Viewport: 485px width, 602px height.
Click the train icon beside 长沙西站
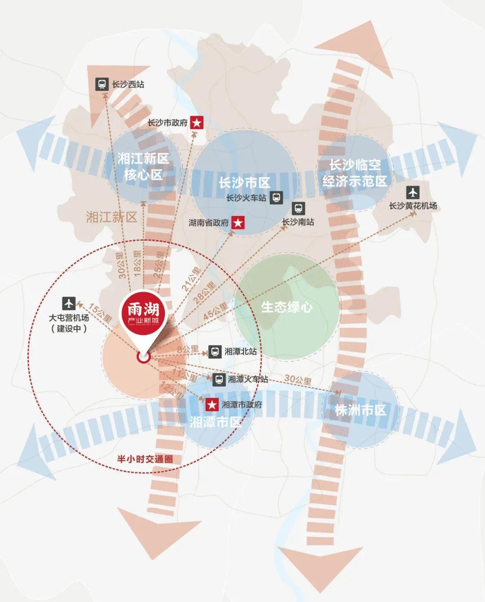(x=102, y=84)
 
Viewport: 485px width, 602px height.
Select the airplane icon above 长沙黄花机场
(x=413, y=193)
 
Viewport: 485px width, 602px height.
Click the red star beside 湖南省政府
(x=238, y=222)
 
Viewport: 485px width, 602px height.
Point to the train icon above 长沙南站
(x=298, y=209)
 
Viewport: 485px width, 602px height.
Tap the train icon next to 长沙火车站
(x=276, y=197)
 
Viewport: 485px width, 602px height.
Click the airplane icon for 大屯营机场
(x=69, y=304)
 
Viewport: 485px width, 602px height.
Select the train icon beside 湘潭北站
(x=215, y=351)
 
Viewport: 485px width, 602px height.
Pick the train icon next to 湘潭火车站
(x=219, y=380)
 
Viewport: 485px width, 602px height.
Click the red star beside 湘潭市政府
(x=212, y=405)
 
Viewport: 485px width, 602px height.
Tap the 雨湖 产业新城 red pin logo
(x=143, y=314)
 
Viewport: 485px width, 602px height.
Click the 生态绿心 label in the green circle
(x=287, y=307)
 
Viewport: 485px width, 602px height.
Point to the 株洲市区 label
(x=360, y=410)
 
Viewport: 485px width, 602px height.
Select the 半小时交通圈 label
(x=145, y=459)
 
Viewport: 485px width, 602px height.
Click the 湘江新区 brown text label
(x=111, y=218)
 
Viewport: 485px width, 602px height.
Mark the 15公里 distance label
(x=100, y=313)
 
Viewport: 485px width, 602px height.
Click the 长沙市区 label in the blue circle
(x=244, y=183)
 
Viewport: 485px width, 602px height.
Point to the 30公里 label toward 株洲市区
(x=298, y=380)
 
